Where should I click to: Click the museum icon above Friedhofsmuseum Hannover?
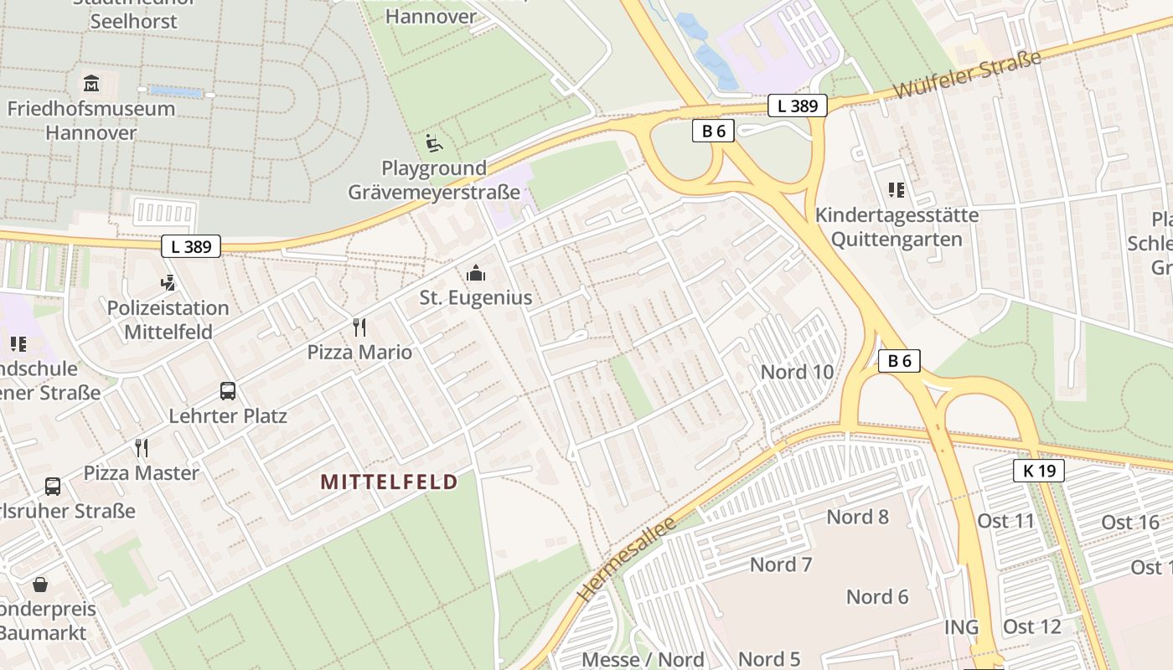(x=91, y=84)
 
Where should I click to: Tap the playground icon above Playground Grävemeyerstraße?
(x=434, y=144)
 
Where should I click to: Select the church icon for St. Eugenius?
(x=476, y=273)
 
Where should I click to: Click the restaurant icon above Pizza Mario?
(x=359, y=327)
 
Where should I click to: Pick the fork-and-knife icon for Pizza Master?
(x=142, y=448)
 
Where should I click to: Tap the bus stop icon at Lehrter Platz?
(x=228, y=391)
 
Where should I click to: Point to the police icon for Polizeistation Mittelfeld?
(x=168, y=283)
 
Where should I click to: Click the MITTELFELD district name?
(x=390, y=482)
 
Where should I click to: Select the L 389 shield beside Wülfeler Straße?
(x=798, y=106)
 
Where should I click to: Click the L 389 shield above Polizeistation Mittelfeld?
(x=191, y=246)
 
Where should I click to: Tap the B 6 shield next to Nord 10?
(x=899, y=361)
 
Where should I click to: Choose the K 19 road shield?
(x=1039, y=471)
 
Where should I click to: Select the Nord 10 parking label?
(x=797, y=372)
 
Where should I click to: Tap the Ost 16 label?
(x=1129, y=523)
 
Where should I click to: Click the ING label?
(x=961, y=627)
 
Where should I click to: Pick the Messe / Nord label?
(x=643, y=659)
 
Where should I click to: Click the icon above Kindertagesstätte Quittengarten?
(x=897, y=190)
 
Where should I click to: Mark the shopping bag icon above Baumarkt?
(x=40, y=585)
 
